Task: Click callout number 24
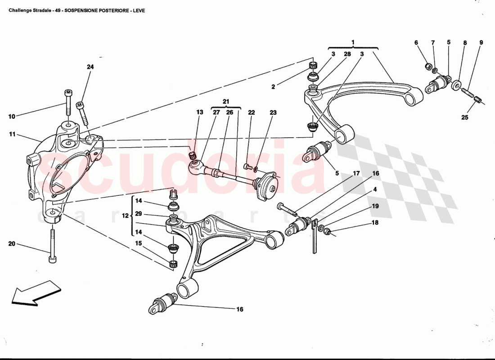tap(90, 67)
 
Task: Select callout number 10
tap(12, 117)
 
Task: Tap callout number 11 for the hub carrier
tap(12, 134)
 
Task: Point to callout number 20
tap(12, 244)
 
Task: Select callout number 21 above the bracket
tap(225, 101)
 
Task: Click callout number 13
tap(199, 113)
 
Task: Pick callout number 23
tap(273, 113)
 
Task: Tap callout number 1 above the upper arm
tap(353, 42)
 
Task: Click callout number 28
tap(347, 54)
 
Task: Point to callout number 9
tap(481, 43)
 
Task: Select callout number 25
tap(465, 118)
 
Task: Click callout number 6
tap(416, 43)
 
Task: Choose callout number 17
tap(356, 173)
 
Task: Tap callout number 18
tap(375, 222)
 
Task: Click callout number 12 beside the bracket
tap(125, 216)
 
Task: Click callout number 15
tap(139, 243)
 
